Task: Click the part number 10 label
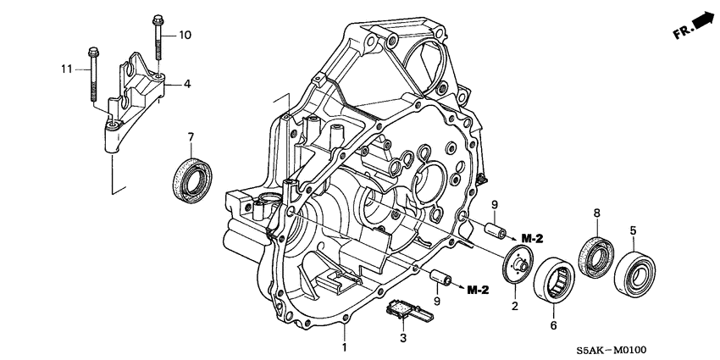pyautogui.click(x=186, y=35)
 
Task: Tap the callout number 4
pyautogui.click(x=188, y=84)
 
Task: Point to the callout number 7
pyautogui.click(x=191, y=137)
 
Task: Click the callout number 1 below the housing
pyautogui.click(x=346, y=347)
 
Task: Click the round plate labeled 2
pyautogui.click(x=518, y=263)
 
